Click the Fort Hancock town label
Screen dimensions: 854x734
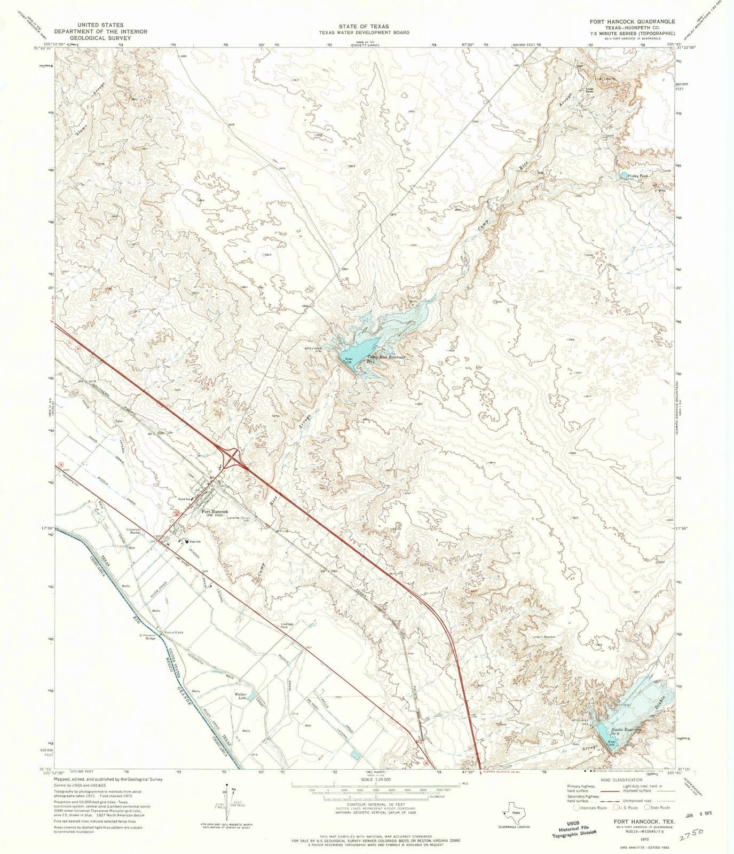coord(215,511)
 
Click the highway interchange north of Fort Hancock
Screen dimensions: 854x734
coord(234,457)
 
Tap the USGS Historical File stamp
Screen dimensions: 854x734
coord(572,821)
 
